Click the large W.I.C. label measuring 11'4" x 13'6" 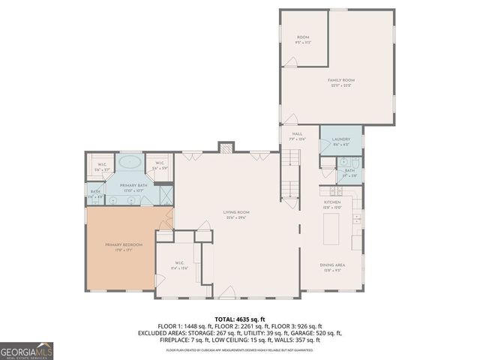(x=178, y=265)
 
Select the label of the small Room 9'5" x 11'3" (x=303, y=39)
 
